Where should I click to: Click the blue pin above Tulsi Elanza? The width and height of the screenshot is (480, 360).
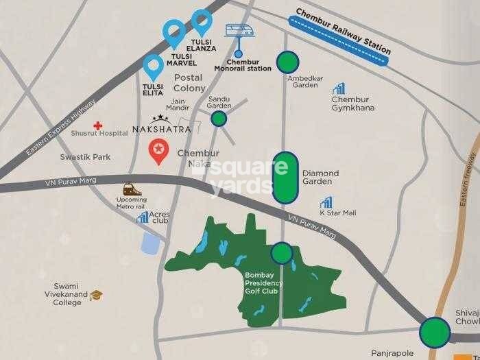point(202,22)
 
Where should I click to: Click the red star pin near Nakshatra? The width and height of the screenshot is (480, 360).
point(158,149)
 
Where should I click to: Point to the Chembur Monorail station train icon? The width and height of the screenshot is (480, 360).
point(239,31)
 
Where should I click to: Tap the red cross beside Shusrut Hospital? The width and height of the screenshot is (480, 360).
point(99,126)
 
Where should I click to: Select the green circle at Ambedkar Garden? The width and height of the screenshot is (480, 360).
point(287,62)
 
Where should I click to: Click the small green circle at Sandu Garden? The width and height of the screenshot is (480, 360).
point(219,119)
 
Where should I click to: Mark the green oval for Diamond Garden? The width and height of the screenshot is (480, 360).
point(285,178)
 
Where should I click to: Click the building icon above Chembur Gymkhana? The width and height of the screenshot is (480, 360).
point(339,88)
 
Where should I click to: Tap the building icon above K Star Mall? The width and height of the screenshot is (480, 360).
point(326,203)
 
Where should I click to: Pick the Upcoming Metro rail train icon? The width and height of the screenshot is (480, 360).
point(128,189)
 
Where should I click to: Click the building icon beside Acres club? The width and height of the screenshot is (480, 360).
point(143,217)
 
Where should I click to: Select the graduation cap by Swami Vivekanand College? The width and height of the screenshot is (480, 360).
point(96,295)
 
